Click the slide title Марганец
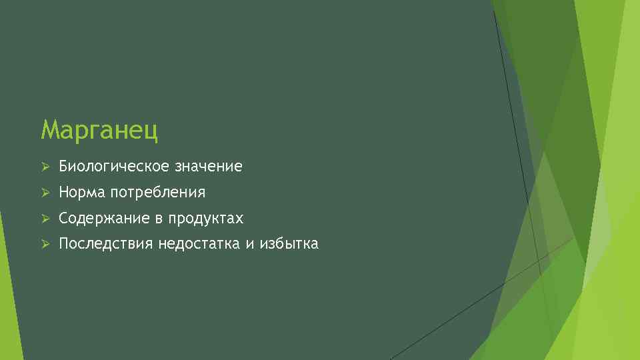click(x=99, y=129)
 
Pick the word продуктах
click(x=206, y=219)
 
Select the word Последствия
click(x=106, y=244)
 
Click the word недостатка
click(x=199, y=244)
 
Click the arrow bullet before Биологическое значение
click(x=45, y=167)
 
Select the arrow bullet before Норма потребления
click(x=45, y=193)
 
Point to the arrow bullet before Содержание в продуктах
click(x=45, y=219)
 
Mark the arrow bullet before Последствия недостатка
click(x=45, y=244)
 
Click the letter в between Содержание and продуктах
click(x=160, y=219)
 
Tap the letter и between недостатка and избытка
click(x=249, y=245)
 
